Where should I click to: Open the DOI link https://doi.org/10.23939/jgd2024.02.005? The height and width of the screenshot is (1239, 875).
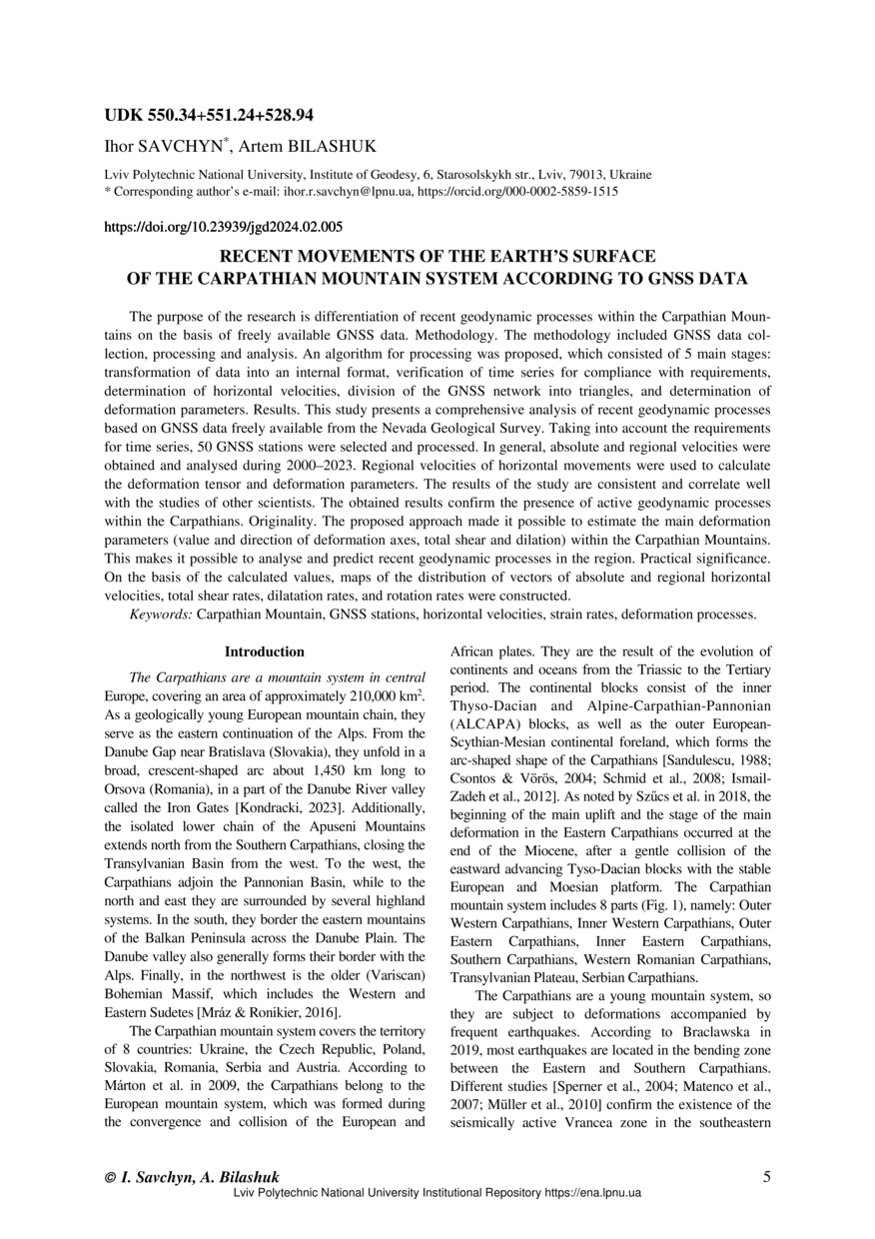click(224, 227)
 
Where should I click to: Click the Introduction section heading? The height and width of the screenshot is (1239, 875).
click(265, 651)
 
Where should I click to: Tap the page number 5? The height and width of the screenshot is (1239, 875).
click(766, 1177)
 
